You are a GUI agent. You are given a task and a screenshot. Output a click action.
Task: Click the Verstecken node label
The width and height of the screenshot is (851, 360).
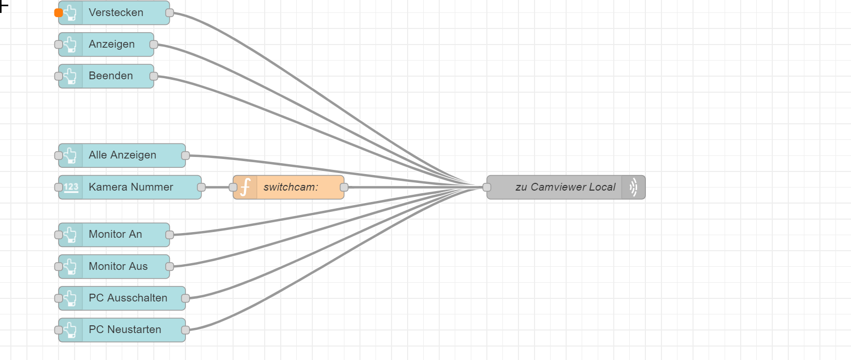coord(116,12)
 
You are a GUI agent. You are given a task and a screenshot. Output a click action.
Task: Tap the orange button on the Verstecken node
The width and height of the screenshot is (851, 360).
coord(59,13)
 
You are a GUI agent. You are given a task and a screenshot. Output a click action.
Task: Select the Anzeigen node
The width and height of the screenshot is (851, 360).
coord(111,45)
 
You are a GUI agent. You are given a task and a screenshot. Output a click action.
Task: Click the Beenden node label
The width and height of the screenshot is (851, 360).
coord(111,76)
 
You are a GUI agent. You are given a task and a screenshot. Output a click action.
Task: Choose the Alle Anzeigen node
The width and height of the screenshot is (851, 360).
coord(122,155)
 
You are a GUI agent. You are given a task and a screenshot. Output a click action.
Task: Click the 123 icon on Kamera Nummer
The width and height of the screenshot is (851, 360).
coord(71,188)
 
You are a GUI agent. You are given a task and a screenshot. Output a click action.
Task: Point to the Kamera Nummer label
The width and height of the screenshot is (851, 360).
coord(131,187)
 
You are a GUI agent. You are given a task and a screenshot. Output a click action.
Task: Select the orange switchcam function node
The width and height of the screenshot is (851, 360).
coord(290,188)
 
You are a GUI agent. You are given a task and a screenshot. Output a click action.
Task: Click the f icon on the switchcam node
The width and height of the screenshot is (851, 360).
coord(246,188)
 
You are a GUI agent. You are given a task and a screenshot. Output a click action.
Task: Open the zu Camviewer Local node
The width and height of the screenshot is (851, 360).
coord(565,188)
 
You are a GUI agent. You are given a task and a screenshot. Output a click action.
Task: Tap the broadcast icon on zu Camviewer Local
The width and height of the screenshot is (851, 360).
coord(633,188)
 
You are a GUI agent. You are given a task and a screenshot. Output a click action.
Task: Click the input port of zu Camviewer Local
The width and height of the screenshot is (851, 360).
coord(487,188)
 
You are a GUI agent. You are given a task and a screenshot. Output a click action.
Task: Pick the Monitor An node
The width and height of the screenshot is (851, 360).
coord(115,235)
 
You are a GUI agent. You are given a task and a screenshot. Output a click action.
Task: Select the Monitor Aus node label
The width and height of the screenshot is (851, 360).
coord(118,266)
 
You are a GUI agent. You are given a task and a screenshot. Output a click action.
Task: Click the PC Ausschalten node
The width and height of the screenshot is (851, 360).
coord(128,298)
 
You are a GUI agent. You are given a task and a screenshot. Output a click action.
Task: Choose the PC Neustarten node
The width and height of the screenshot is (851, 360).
coord(125,330)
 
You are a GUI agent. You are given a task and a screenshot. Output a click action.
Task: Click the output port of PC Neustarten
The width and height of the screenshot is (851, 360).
coord(185,330)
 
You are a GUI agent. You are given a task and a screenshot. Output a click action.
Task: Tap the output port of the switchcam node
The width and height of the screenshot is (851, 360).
coord(344,188)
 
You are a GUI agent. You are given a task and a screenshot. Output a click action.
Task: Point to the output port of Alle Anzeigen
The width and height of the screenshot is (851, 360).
coord(185,155)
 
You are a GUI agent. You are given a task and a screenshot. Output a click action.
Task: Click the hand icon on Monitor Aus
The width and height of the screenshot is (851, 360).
coord(71,267)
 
